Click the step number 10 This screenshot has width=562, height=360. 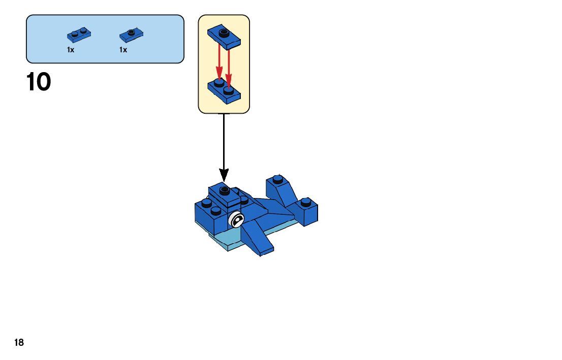click(x=39, y=82)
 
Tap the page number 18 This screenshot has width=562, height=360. click(x=19, y=343)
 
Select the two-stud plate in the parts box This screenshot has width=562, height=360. click(x=79, y=35)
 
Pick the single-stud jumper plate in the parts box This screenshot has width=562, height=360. click(x=131, y=35)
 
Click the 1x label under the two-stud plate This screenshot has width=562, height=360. click(x=71, y=50)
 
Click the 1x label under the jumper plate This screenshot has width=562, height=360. click(x=123, y=50)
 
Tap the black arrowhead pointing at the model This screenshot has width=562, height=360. click(x=224, y=175)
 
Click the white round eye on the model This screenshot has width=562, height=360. click(x=237, y=219)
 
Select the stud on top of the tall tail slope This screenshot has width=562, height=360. click(x=277, y=179)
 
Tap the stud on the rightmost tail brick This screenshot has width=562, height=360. click(x=305, y=202)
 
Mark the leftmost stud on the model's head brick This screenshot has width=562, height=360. click(x=206, y=203)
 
